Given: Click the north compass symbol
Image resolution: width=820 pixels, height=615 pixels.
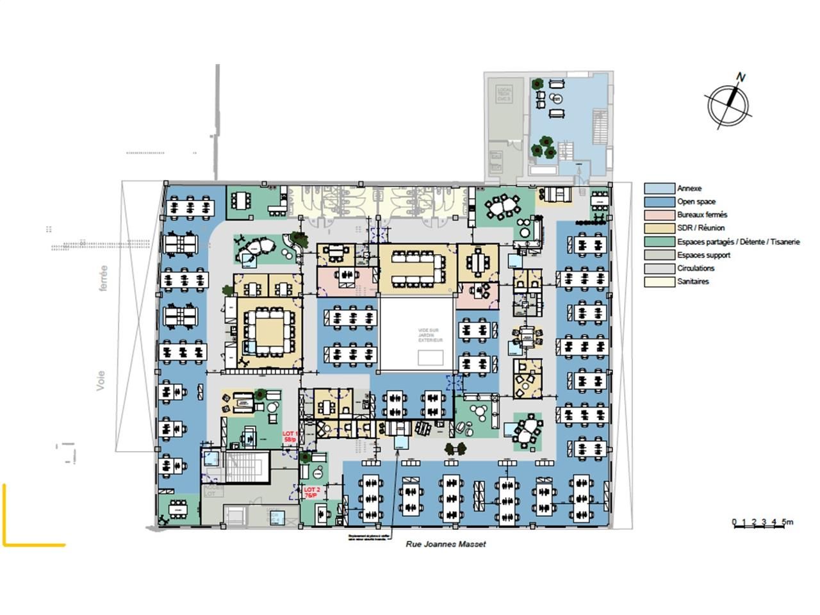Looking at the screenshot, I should click(x=729, y=102).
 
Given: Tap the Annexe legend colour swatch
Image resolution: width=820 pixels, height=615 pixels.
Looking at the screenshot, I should click(x=659, y=188).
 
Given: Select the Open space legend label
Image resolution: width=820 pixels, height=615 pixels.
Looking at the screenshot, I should click(x=696, y=202).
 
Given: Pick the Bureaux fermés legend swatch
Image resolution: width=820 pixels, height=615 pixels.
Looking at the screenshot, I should click(x=659, y=215).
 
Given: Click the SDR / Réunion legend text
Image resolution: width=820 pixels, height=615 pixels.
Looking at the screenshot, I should click(x=701, y=228).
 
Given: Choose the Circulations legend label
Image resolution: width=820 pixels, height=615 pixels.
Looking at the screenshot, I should click(x=696, y=268).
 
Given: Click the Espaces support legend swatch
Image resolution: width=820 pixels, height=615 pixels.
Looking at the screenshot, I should click(x=659, y=255).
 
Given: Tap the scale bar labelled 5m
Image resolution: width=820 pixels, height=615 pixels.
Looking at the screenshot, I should click(x=762, y=523).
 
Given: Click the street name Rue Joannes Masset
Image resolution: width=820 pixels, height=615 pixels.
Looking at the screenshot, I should click(x=446, y=544).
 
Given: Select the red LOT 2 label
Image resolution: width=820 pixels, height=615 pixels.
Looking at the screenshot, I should click(x=311, y=492).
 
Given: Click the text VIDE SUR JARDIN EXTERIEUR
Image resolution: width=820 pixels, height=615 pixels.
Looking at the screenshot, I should click(x=430, y=335).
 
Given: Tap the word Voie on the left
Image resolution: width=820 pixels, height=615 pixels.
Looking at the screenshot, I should click(x=101, y=381).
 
